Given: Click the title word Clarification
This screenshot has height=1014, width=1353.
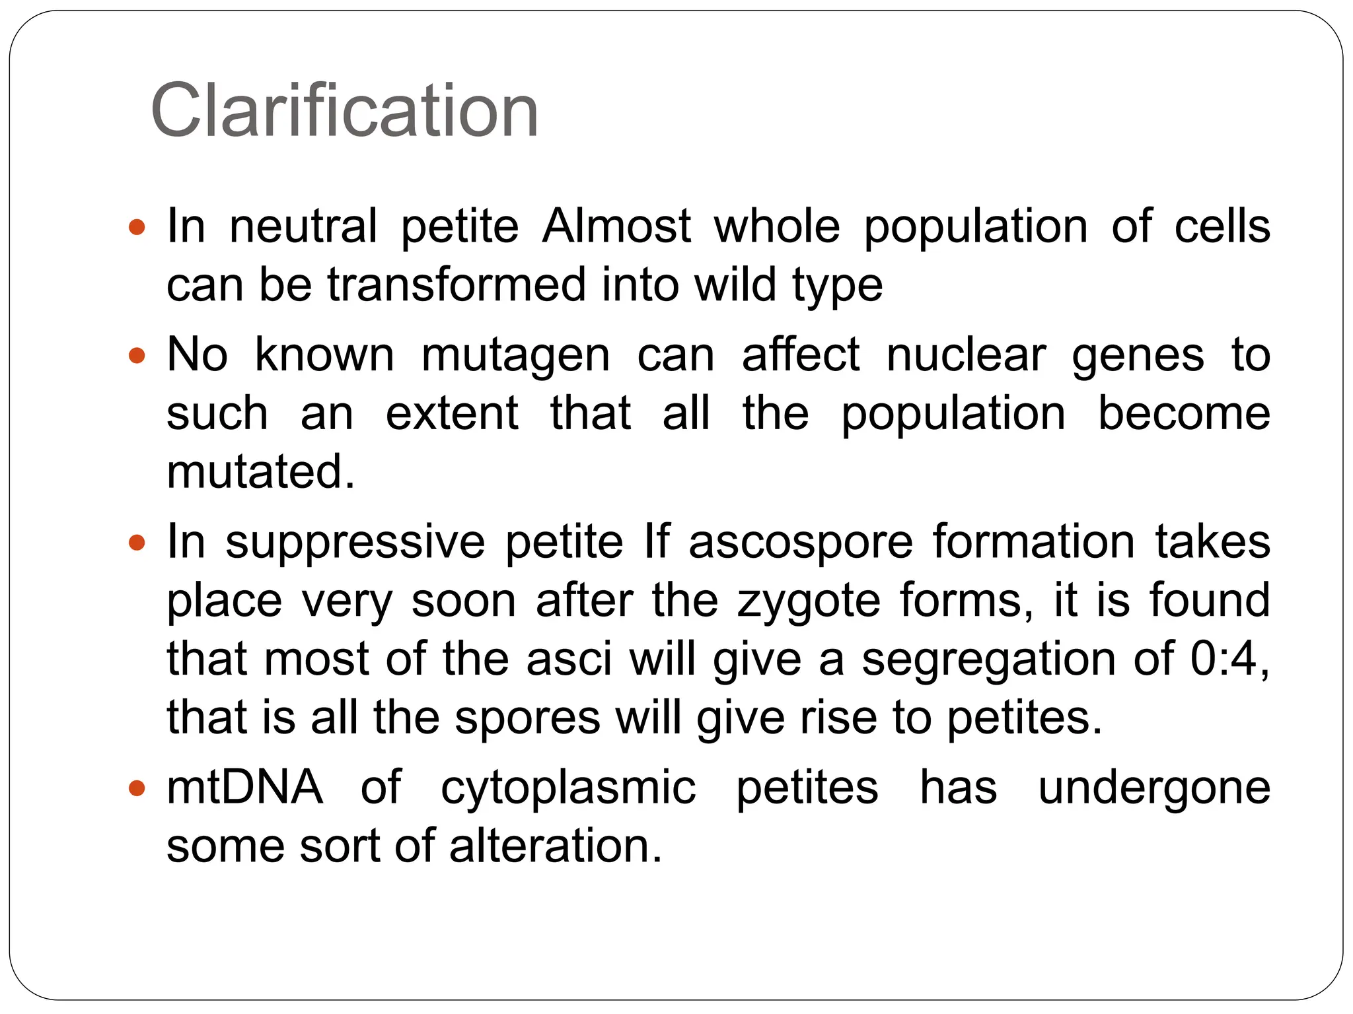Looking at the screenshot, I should (x=344, y=111).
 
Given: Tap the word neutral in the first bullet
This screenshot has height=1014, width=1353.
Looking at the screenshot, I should (x=303, y=226).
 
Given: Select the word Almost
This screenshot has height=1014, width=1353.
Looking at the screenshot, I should (x=616, y=226).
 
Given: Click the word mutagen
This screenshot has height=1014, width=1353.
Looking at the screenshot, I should (x=515, y=355).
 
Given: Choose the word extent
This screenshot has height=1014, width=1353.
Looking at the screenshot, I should (x=452, y=413).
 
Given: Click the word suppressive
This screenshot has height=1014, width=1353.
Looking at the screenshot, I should (x=355, y=542).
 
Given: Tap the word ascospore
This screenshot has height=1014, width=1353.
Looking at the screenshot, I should (x=800, y=542).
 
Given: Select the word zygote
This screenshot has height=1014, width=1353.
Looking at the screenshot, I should (x=809, y=601).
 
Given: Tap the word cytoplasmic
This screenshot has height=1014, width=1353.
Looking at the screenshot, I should (x=568, y=789).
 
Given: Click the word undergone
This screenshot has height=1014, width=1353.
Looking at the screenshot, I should (x=1153, y=789).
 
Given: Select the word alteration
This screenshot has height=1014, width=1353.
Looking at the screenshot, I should (x=556, y=846).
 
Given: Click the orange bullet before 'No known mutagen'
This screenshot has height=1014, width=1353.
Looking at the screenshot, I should (x=137, y=356).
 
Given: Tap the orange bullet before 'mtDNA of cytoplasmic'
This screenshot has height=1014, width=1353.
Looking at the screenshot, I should (x=137, y=788).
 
